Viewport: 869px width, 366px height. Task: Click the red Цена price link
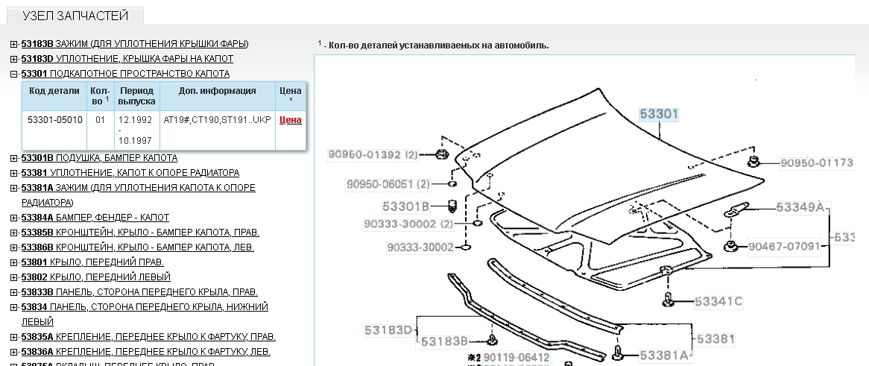291,120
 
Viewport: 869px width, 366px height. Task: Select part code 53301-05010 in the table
55,120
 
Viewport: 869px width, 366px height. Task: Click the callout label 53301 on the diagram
659,114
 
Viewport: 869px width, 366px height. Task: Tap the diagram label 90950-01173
816,163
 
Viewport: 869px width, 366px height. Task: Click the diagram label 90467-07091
784,246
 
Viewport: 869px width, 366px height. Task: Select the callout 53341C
718,302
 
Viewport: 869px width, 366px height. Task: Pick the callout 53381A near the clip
664,356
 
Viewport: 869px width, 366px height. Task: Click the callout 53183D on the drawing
389,330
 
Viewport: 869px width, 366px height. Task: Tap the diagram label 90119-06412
516,359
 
